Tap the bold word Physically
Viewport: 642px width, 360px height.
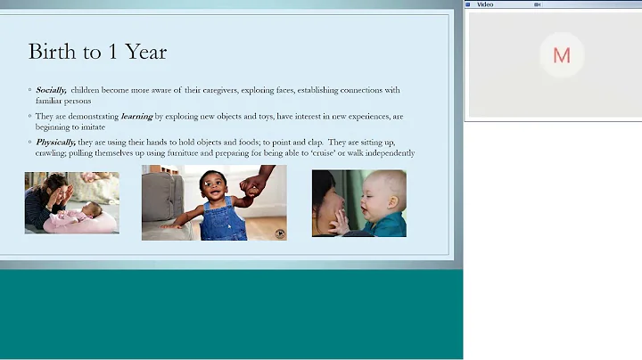(x=55, y=141)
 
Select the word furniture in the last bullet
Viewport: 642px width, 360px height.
(x=177, y=152)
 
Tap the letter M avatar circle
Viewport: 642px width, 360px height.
(x=561, y=55)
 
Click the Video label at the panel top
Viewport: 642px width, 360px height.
(x=485, y=4)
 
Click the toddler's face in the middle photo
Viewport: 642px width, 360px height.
(x=213, y=186)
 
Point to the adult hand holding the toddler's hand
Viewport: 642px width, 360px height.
(x=255, y=183)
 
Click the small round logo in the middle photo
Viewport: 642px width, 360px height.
(x=279, y=233)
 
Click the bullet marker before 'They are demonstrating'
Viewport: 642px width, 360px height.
(x=29, y=116)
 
